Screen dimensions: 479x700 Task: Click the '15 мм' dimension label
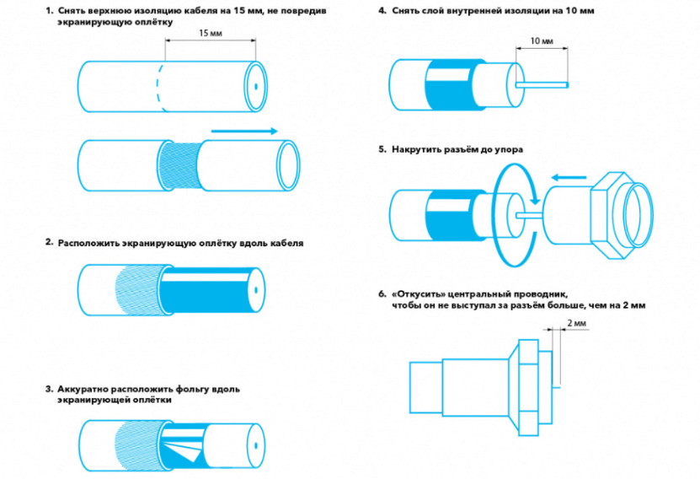tap(211, 32)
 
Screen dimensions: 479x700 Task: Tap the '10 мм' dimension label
tap(542, 41)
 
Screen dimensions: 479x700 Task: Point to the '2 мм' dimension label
tap(576, 323)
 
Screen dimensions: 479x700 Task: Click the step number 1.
tap(49, 11)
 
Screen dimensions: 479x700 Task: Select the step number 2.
tap(49, 242)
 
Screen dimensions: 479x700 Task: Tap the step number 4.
tap(382, 11)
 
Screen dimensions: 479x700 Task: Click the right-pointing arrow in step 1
tap(243, 131)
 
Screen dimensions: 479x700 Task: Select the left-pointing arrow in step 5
tap(571, 177)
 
